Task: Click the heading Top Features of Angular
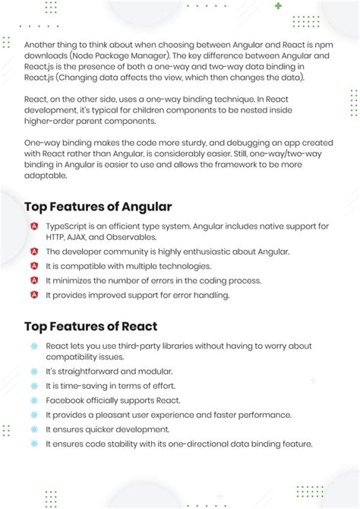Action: point(98,207)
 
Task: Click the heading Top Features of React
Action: point(91,327)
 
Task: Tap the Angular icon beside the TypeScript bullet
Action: point(34,226)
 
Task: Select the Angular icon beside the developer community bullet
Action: point(34,251)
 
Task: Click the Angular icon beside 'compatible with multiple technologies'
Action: point(34,266)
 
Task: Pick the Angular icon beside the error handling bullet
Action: point(34,295)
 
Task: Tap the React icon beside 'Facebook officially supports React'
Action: point(34,400)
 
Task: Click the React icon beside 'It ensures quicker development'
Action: point(34,429)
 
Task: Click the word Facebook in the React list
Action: point(65,400)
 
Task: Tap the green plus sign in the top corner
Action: point(279,6)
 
